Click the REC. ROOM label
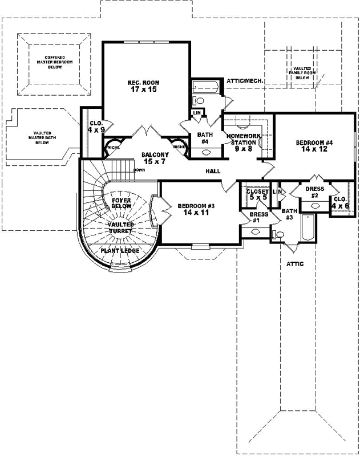(143, 83)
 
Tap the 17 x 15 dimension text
(143, 89)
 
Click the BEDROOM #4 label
(314, 142)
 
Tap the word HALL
(214, 170)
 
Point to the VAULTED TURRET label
(120, 228)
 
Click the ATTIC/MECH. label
(244, 82)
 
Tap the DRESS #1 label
(256, 217)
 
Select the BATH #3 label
(288, 214)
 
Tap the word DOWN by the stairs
(139, 170)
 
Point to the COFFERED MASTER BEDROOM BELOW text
(54, 60)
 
